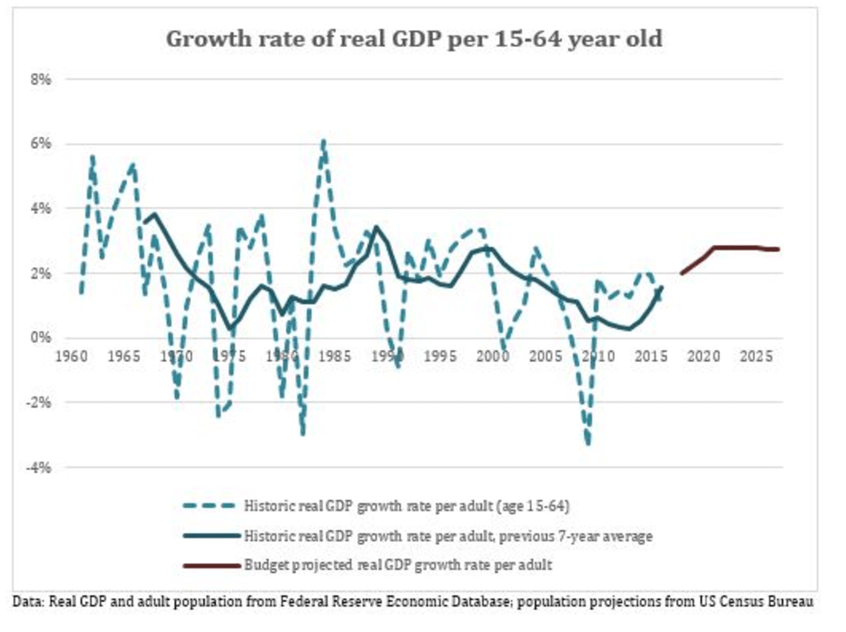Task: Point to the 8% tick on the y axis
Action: click(42, 79)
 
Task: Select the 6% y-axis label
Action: click(42, 143)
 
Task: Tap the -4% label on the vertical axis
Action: click(40, 466)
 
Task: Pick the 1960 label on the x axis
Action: click(72, 356)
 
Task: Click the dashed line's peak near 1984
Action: click(324, 141)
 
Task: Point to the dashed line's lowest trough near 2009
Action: click(588, 443)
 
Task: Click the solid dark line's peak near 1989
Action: click(376, 227)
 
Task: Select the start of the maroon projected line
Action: click(681, 274)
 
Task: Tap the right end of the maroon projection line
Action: click(779, 249)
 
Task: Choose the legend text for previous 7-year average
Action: click(449, 535)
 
